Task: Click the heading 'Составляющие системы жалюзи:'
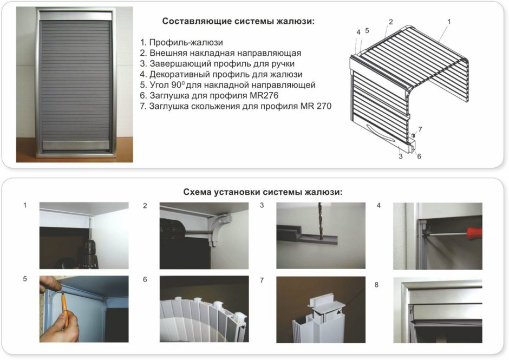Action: coord(238,21)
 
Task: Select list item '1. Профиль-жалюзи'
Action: coord(181,42)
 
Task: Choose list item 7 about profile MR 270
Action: coord(235,107)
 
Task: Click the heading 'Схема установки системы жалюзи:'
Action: coord(263,192)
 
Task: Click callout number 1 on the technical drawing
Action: coord(449,22)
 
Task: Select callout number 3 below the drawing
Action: coord(400,156)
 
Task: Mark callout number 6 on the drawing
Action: coord(419,156)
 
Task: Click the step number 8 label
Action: coord(377,283)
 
